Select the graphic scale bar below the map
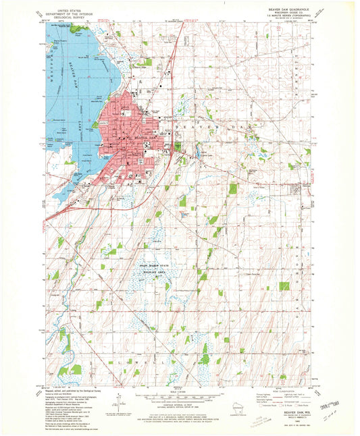(177, 396)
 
